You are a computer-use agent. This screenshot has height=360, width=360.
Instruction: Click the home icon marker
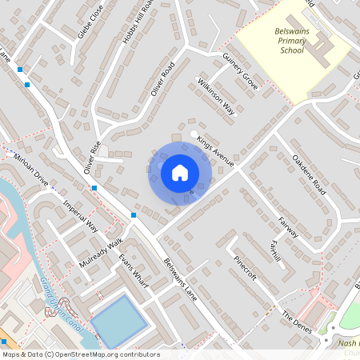pyautogui.click(x=180, y=171)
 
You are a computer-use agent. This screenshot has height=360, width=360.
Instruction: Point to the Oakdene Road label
pyautogui.click(x=309, y=174)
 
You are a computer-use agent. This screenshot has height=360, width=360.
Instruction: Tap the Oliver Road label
pyautogui.click(x=162, y=80)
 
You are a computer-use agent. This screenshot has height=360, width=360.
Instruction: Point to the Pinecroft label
pyautogui.click(x=245, y=267)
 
